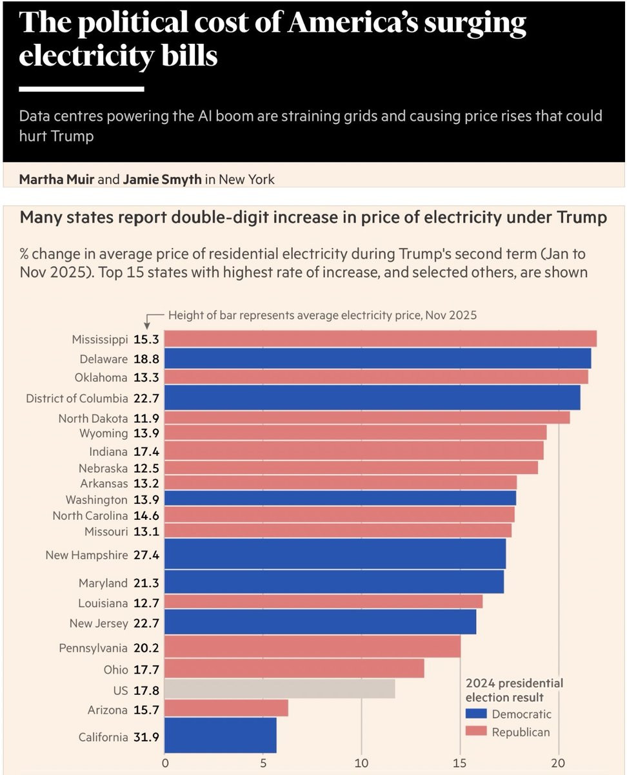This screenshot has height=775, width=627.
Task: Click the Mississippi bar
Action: pos(381,339)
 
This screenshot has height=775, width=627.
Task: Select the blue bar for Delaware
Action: pos(377,358)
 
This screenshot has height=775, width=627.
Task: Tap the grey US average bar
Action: pos(279,688)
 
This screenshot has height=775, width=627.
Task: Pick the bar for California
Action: pos(221,736)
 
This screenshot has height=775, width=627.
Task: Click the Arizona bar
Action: pos(226,709)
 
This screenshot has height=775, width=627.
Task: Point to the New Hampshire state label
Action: pos(86,555)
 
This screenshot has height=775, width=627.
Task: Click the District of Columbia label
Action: pos(77,398)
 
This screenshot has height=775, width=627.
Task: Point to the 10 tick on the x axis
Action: pos(362,763)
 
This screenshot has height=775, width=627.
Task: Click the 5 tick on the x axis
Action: pos(263,763)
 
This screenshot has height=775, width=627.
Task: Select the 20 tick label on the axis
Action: pos(559,763)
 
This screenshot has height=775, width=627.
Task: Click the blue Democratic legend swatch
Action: pos(475,714)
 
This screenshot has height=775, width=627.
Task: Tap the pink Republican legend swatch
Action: pos(475,732)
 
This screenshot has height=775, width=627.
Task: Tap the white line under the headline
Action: pos(81,88)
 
